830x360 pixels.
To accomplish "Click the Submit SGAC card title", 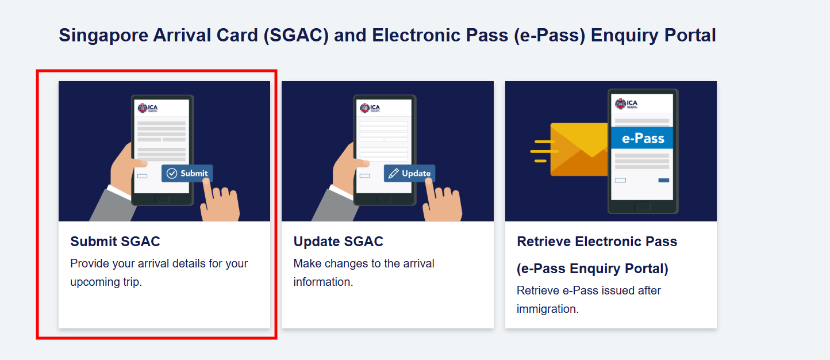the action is pyautogui.click(x=115, y=242).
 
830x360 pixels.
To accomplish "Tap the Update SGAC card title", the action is pyautogui.click(x=339, y=242).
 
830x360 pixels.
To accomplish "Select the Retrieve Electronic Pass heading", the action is pyautogui.click(x=597, y=242).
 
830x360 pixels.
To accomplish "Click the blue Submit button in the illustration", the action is pyautogui.click(x=187, y=173).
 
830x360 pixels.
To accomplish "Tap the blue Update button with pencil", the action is pyautogui.click(x=409, y=173).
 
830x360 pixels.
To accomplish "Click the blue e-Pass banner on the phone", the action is pyautogui.click(x=642, y=138).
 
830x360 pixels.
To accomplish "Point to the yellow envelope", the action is pyautogui.click(x=579, y=150).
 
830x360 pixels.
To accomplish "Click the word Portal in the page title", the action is pyautogui.click(x=690, y=36).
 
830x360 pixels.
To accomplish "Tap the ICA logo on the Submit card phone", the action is pyautogui.click(x=148, y=108).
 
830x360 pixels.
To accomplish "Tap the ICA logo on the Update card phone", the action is pyautogui.click(x=370, y=108).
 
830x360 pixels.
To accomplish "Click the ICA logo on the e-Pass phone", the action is pyautogui.click(x=626, y=104).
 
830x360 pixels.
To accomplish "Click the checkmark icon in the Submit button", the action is pyautogui.click(x=171, y=173).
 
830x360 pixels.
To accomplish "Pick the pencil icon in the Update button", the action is pyautogui.click(x=394, y=173).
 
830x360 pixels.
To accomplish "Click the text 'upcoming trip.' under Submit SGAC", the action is pyautogui.click(x=106, y=282).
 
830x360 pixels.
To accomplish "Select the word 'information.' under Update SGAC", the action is pyautogui.click(x=323, y=282).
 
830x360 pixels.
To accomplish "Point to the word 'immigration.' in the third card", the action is pyautogui.click(x=548, y=309).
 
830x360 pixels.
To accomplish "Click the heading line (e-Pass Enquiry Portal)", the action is pyautogui.click(x=593, y=269).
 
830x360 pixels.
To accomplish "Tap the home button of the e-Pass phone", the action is pyautogui.click(x=642, y=206).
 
